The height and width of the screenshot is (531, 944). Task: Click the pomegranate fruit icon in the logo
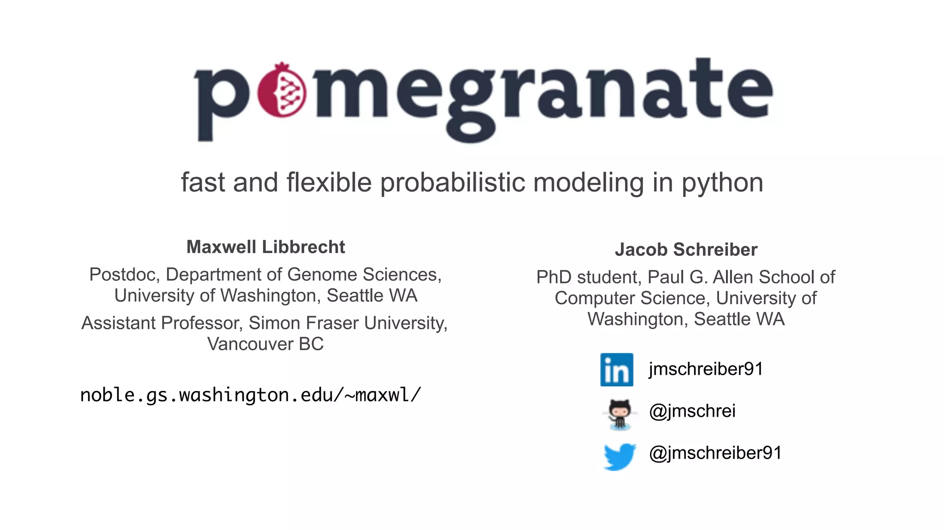(282, 90)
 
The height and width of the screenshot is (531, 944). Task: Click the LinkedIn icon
(617, 370)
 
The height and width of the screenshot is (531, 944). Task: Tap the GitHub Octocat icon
(619, 413)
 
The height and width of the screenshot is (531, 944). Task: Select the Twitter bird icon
(619, 456)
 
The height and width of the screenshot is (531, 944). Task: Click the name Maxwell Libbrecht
(265, 247)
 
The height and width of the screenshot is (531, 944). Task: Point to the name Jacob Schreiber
(686, 250)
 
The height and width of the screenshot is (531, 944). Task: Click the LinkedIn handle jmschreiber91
(706, 369)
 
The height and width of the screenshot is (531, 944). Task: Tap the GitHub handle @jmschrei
(692, 411)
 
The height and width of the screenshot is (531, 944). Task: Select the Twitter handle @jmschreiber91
(715, 453)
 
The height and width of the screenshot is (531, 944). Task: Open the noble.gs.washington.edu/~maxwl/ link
(250, 395)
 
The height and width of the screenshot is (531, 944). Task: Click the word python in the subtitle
(722, 183)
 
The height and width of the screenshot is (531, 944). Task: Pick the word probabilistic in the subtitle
(452, 183)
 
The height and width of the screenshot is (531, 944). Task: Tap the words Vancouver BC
(265, 344)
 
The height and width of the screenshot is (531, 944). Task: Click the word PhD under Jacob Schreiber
(554, 277)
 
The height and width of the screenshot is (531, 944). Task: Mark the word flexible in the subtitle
(329, 183)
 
